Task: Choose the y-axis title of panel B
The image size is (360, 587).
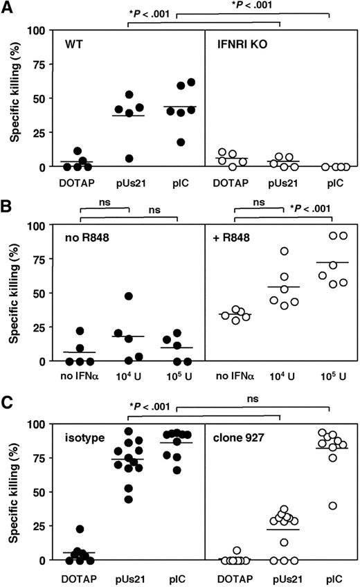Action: (x=14, y=293)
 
